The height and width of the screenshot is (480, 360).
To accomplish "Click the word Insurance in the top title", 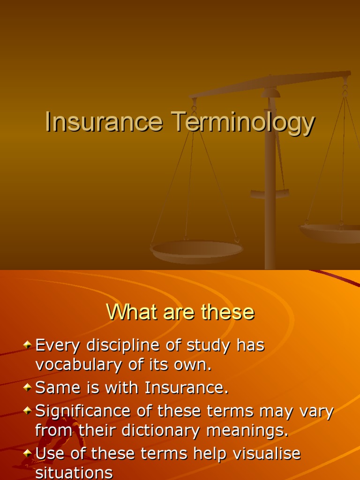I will click(x=104, y=122).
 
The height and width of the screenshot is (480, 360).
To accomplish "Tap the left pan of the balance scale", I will click(x=196, y=250).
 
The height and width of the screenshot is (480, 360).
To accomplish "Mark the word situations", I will click(x=74, y=472).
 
